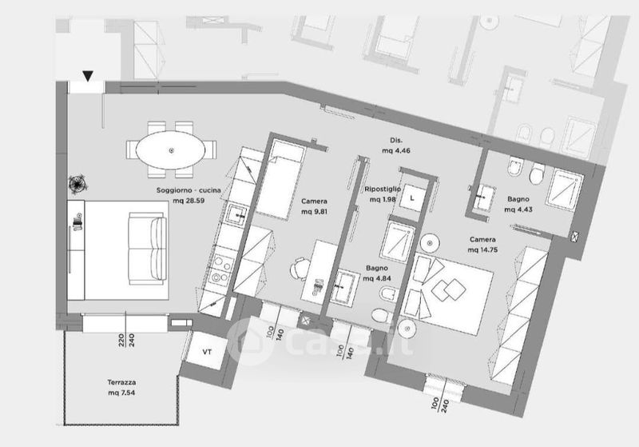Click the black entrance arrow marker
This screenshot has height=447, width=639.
[x=87, y=77]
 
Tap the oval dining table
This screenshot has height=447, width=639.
[x=172, y=150]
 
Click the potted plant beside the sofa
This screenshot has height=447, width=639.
[x=78, y=184]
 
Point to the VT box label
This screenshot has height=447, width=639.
[x=207, y=351]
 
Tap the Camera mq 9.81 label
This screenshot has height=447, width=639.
[x=315, y=207]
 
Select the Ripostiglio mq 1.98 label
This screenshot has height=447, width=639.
[x=380, y=194]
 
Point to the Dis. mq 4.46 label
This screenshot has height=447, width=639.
[x=395, y=145]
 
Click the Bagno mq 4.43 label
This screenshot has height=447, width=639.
[x=519, y=205]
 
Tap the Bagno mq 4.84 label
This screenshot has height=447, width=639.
[x=377, y=273]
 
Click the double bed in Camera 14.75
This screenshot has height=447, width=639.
[x=452, y=287]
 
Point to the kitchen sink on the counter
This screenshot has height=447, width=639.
[x=236, y=214]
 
